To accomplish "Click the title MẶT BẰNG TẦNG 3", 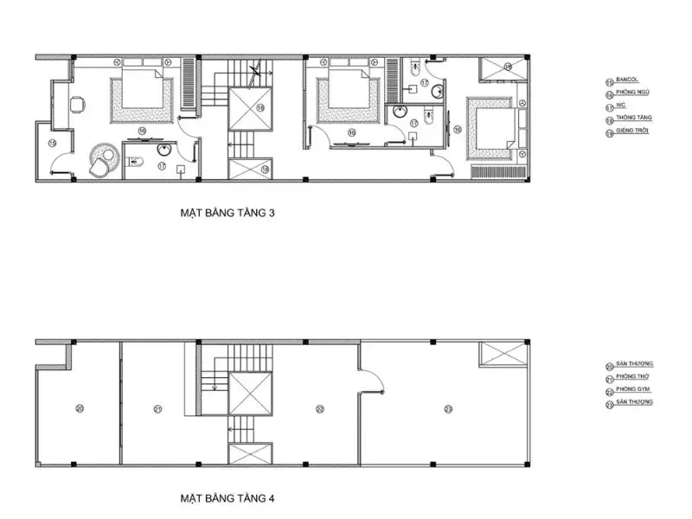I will click(x=227, y=211).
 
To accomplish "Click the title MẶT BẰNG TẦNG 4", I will click(x=227, y=499).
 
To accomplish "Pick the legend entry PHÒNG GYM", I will click(x=632, y=390).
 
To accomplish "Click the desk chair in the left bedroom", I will click(x=76, y=105).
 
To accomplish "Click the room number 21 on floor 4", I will click(x=157, y=408).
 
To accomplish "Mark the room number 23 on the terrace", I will click(x=448, y=408).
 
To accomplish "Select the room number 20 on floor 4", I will click(x=80, y=408).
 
